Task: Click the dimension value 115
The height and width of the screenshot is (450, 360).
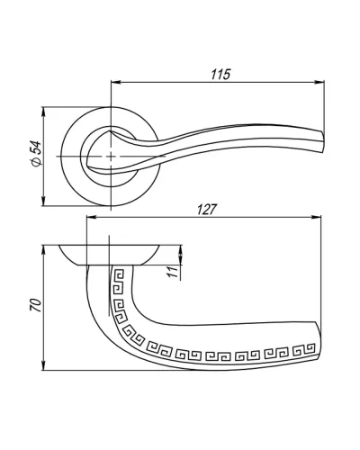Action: (220, 75)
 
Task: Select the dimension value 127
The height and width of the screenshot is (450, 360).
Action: (206, 210)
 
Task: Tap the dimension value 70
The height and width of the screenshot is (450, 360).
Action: (36, 305)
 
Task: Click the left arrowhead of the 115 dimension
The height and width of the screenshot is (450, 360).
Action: (116, 82)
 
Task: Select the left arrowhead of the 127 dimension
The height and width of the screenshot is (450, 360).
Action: (92, 218)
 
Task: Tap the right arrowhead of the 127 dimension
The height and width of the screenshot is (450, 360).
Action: (316, 218)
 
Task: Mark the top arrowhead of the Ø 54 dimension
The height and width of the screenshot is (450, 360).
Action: (44, 112)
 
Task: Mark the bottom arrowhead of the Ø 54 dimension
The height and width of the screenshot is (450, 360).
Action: (44, 201)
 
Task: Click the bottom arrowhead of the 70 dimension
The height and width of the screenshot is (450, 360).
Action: (44, 364)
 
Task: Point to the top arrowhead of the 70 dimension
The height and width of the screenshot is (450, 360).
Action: (44, 251)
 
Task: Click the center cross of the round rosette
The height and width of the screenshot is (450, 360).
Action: (111, 157)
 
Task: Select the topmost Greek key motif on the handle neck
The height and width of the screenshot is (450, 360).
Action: (119, 274)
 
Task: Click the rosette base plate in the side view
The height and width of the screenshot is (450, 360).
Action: (109, 255)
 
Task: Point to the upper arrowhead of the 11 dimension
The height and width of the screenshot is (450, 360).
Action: (181, 250)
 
